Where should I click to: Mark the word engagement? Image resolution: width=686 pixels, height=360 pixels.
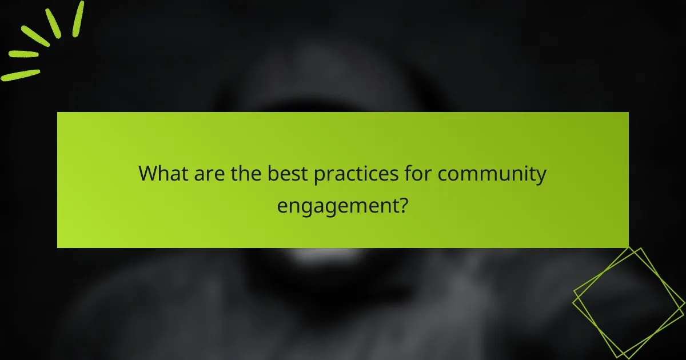(337, 205)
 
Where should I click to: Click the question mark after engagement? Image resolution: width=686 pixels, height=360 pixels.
(404, 204)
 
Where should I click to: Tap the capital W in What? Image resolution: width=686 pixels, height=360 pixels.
(149, 174)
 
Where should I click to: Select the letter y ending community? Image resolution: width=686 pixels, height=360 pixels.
(541, 177)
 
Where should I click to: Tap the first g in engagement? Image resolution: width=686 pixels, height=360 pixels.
(305, 207)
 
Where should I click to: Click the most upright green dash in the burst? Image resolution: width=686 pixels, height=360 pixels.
(78, 19)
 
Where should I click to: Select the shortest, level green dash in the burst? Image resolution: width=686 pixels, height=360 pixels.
(24, 54)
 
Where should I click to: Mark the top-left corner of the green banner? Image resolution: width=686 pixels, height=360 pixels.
(58, 113)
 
